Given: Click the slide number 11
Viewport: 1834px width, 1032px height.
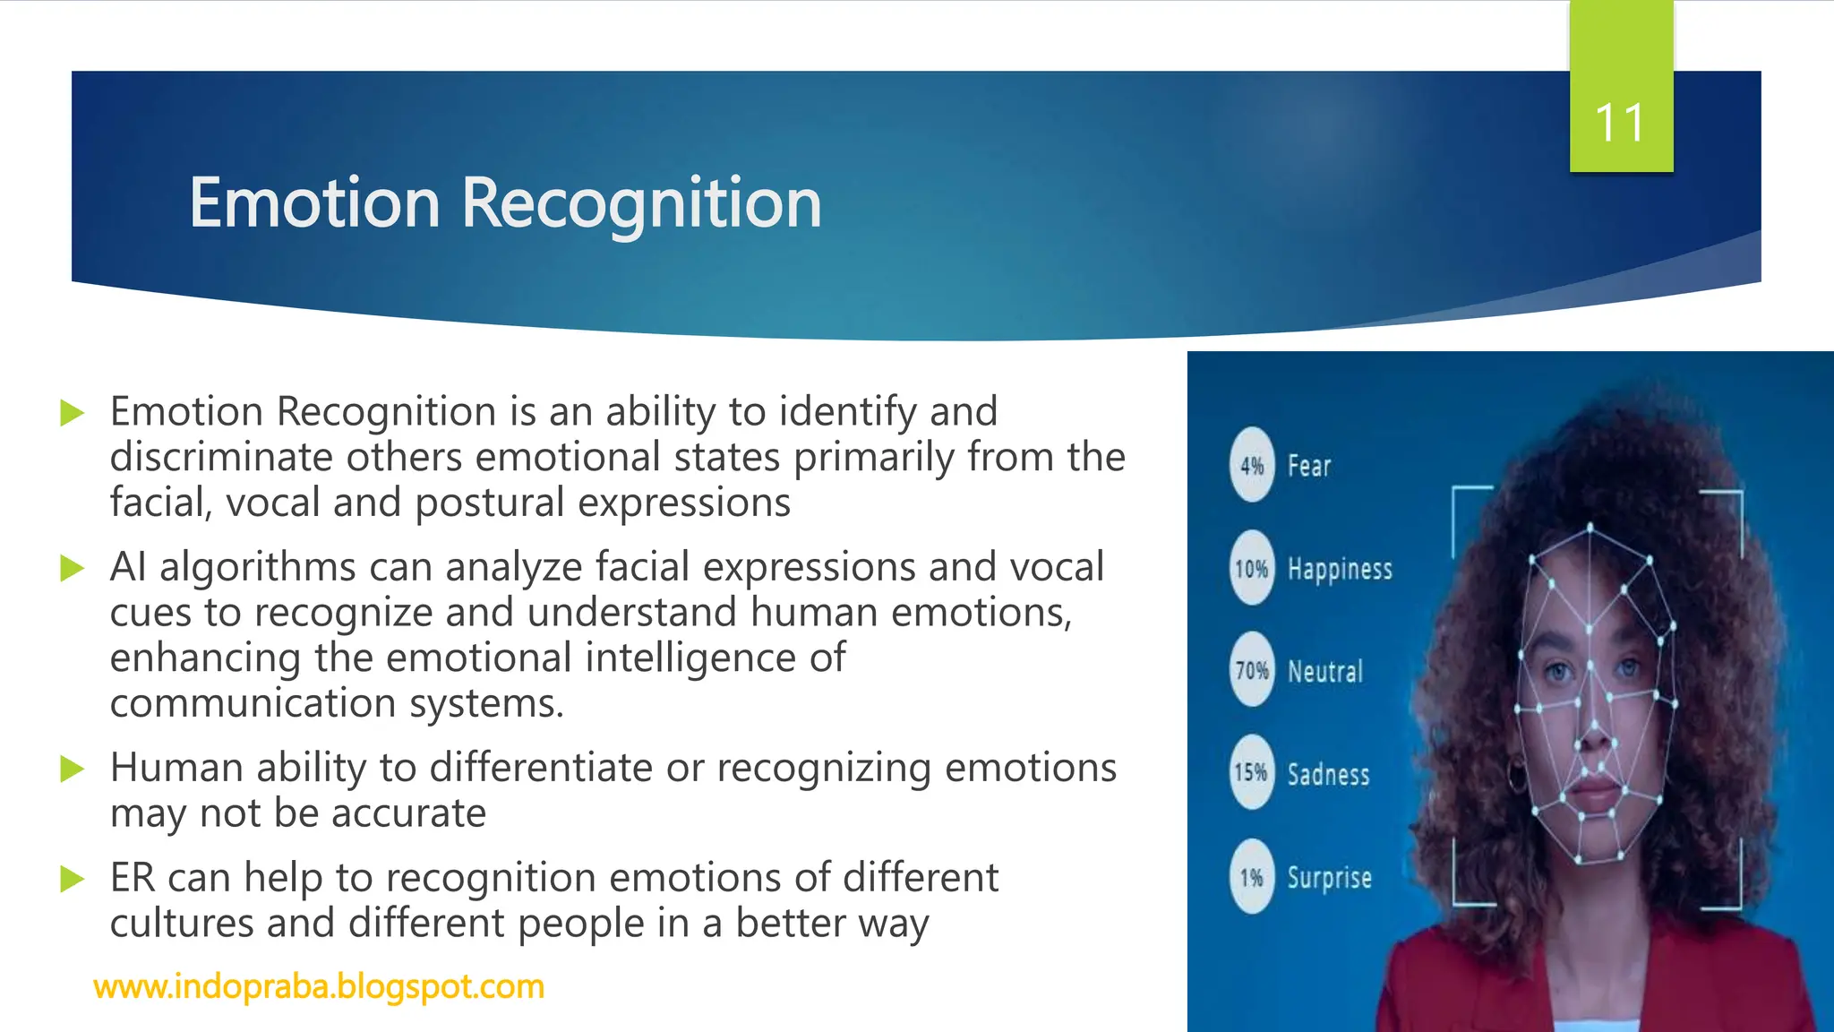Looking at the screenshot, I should pos(1620,124).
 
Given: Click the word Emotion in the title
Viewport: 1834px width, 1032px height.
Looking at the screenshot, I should pos(314,203).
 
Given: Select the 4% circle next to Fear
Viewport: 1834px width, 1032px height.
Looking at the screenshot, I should pos(1251,465).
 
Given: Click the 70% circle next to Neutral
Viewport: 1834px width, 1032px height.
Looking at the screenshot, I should pos(1251,670).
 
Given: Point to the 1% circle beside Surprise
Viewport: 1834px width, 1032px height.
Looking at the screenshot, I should pos(1251,877).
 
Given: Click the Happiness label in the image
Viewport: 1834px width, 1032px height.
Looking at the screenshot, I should pos(1340,569).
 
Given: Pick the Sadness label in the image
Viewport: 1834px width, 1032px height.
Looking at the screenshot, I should pos(1328,774).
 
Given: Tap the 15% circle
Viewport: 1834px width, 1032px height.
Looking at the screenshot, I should pos(1251,772).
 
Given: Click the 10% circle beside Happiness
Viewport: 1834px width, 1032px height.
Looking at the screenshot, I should pos(1251,568).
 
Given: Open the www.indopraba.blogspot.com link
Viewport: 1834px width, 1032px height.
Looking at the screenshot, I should pos(319,986).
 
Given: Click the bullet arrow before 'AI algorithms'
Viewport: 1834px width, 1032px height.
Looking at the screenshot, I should pos(72,568).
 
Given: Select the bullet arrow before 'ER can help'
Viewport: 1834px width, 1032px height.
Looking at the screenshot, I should pos(72,879).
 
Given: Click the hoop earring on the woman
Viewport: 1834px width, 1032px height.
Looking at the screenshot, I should pos(1516,776).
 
